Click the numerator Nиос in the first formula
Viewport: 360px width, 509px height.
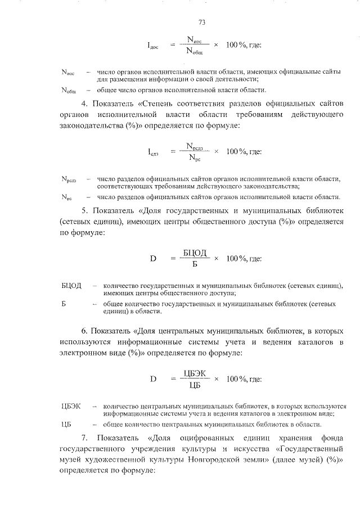point(194,40)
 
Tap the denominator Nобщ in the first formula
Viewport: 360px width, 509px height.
point(194,52)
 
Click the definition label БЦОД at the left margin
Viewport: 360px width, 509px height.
point(71,286)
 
